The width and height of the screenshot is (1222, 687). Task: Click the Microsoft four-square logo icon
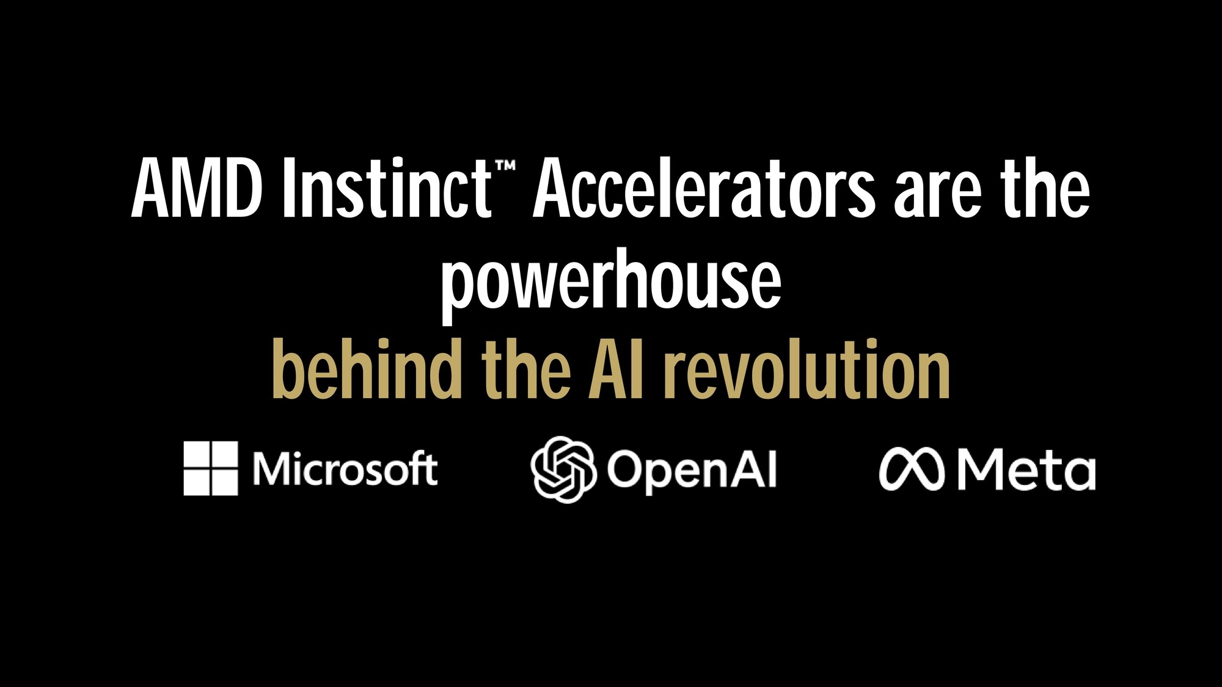click(211, 468)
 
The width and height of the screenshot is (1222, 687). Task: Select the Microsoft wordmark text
click(346, 469)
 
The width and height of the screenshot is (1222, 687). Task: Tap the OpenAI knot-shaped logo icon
click(563, 470)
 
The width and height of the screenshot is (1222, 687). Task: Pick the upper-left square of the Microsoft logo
click(197, 454)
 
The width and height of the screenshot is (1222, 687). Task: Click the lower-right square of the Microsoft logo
click(225, 482)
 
